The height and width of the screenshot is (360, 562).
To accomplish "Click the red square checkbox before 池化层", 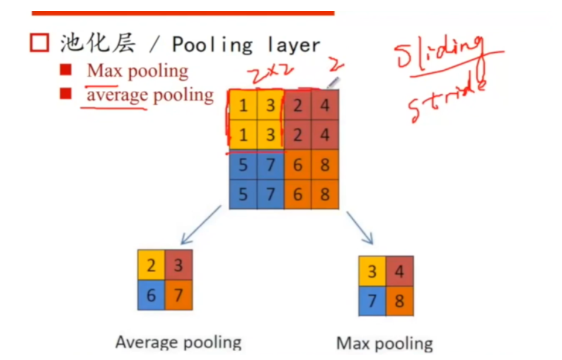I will [x=39, y=43].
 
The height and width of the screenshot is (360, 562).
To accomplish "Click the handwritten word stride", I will [x=448, y=100].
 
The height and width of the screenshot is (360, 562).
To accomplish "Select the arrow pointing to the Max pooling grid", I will [x=360, y=227].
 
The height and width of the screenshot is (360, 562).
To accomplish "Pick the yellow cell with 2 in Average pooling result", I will [x=151, y=266].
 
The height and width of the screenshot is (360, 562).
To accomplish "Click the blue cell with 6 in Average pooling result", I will [x=151, y=295].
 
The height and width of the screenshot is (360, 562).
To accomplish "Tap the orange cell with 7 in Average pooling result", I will [x=179, y=295].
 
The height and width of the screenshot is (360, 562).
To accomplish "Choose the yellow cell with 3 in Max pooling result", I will [x=372, y=271].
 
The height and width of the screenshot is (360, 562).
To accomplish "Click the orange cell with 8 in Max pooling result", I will [x=400, y=301].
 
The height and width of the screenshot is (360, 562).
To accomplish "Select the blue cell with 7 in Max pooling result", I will [x=372, y=301].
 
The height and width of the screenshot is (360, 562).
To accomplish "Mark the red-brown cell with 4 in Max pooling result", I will [x=400, y=271].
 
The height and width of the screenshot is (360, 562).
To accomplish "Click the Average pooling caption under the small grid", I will [x=178, y=342].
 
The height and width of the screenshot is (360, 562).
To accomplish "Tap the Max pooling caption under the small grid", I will [x=384, y=344].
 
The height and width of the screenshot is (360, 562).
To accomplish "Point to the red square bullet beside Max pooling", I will [x=65, y=70].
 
